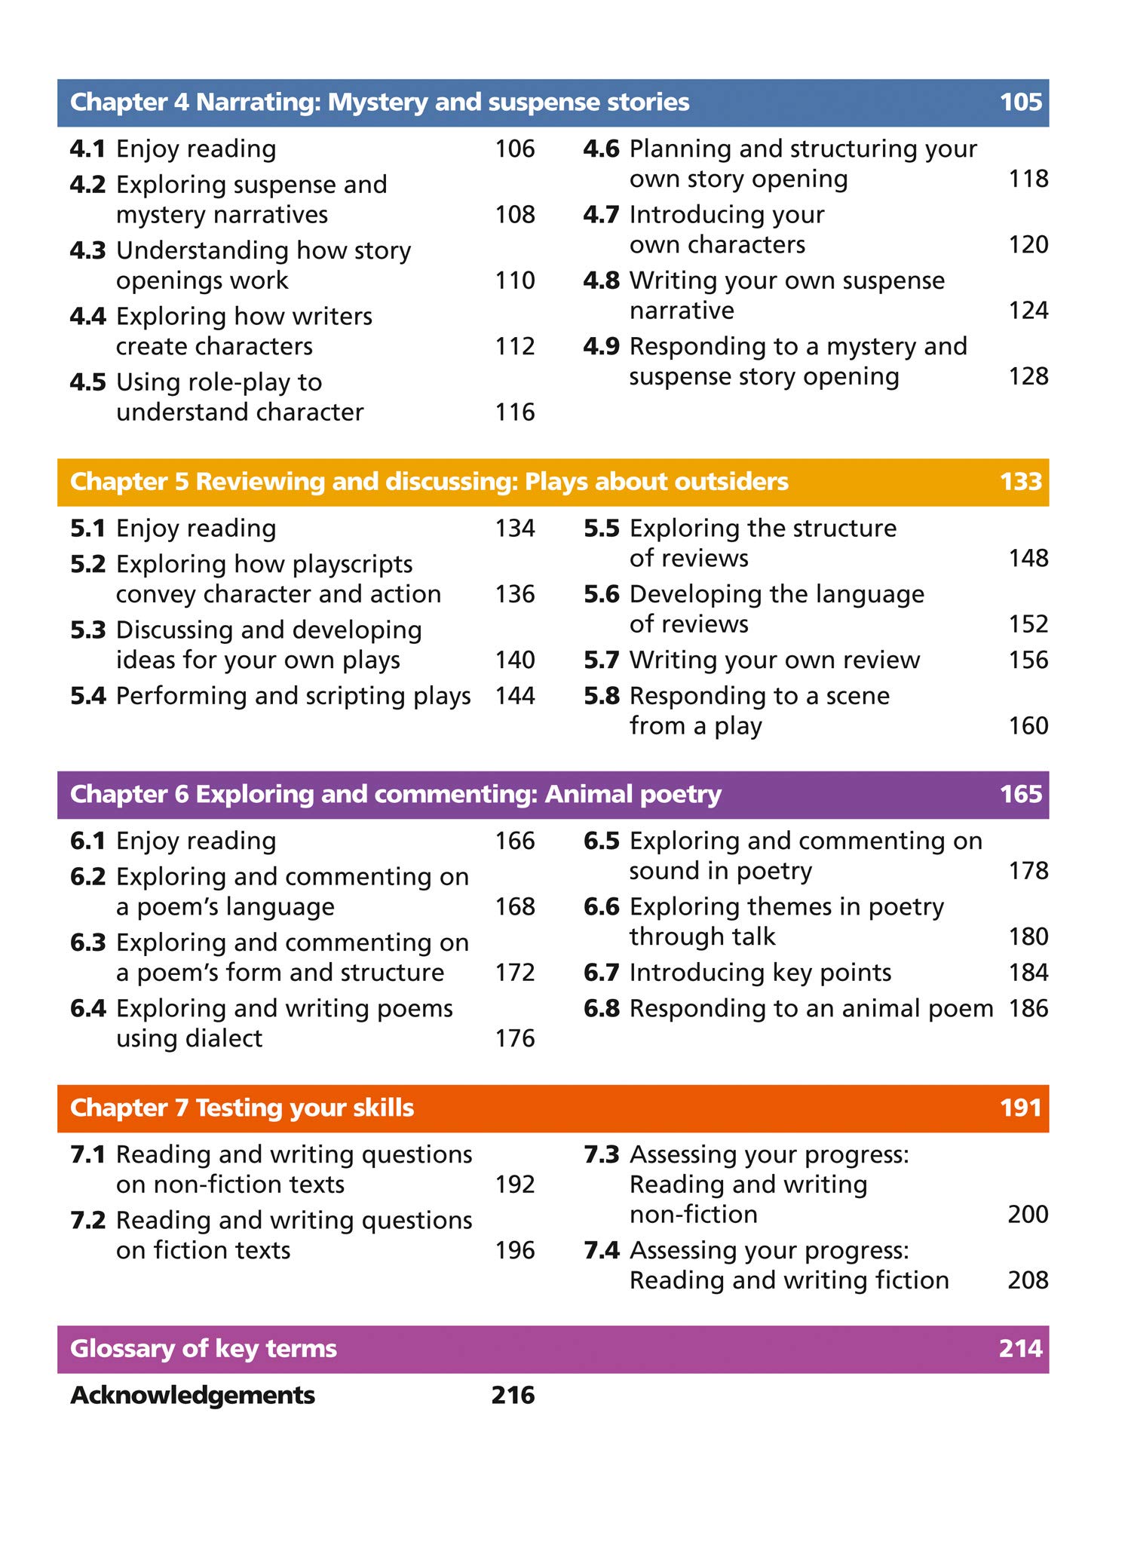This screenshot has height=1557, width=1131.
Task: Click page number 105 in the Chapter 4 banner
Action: point(1020,103)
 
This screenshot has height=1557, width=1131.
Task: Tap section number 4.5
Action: point(87,382)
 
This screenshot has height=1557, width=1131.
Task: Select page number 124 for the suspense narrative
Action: point(1028,311)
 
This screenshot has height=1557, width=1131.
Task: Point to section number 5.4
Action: point(87,696)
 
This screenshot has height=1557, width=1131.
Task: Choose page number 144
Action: point(514,696)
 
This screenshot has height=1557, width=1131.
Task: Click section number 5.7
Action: point(601,660)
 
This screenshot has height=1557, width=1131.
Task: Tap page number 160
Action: point(1028,726)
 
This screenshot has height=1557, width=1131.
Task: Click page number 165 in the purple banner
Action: point(1020,794)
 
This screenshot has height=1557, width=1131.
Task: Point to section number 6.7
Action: point(601,973)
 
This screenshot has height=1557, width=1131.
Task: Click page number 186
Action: point(1028,1009)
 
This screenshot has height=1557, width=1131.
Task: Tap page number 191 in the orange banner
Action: point(1020,1108)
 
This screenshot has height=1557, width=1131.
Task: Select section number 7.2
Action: point(87,1221)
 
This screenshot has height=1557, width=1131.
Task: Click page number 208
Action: point(1028,1280)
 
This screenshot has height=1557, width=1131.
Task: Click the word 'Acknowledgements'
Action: point(192,1396)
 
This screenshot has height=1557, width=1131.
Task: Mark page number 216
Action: point(513,1396)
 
